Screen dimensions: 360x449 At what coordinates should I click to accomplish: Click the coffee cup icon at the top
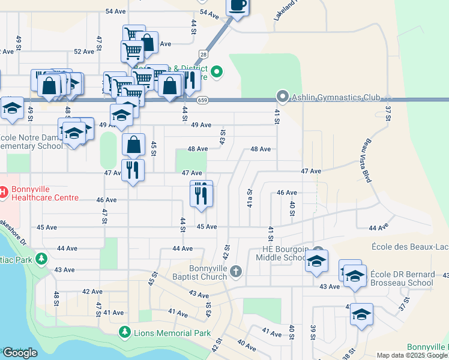237,6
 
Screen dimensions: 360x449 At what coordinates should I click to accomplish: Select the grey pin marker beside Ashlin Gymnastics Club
282,96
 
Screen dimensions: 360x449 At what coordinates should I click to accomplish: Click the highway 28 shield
204,55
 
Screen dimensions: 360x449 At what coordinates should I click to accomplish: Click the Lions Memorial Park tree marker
124,332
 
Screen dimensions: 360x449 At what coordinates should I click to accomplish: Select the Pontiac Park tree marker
41,259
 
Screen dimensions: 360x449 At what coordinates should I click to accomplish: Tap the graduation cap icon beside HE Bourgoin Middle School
316,262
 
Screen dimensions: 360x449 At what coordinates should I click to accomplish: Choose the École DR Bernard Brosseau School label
402,278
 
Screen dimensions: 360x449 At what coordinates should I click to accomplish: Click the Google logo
20,353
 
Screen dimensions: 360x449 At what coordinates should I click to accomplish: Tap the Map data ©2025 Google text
412,355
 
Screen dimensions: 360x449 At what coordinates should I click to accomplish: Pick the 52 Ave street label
84,52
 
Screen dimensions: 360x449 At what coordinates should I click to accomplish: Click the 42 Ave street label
92,292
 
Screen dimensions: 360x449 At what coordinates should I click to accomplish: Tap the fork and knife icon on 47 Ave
133,170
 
